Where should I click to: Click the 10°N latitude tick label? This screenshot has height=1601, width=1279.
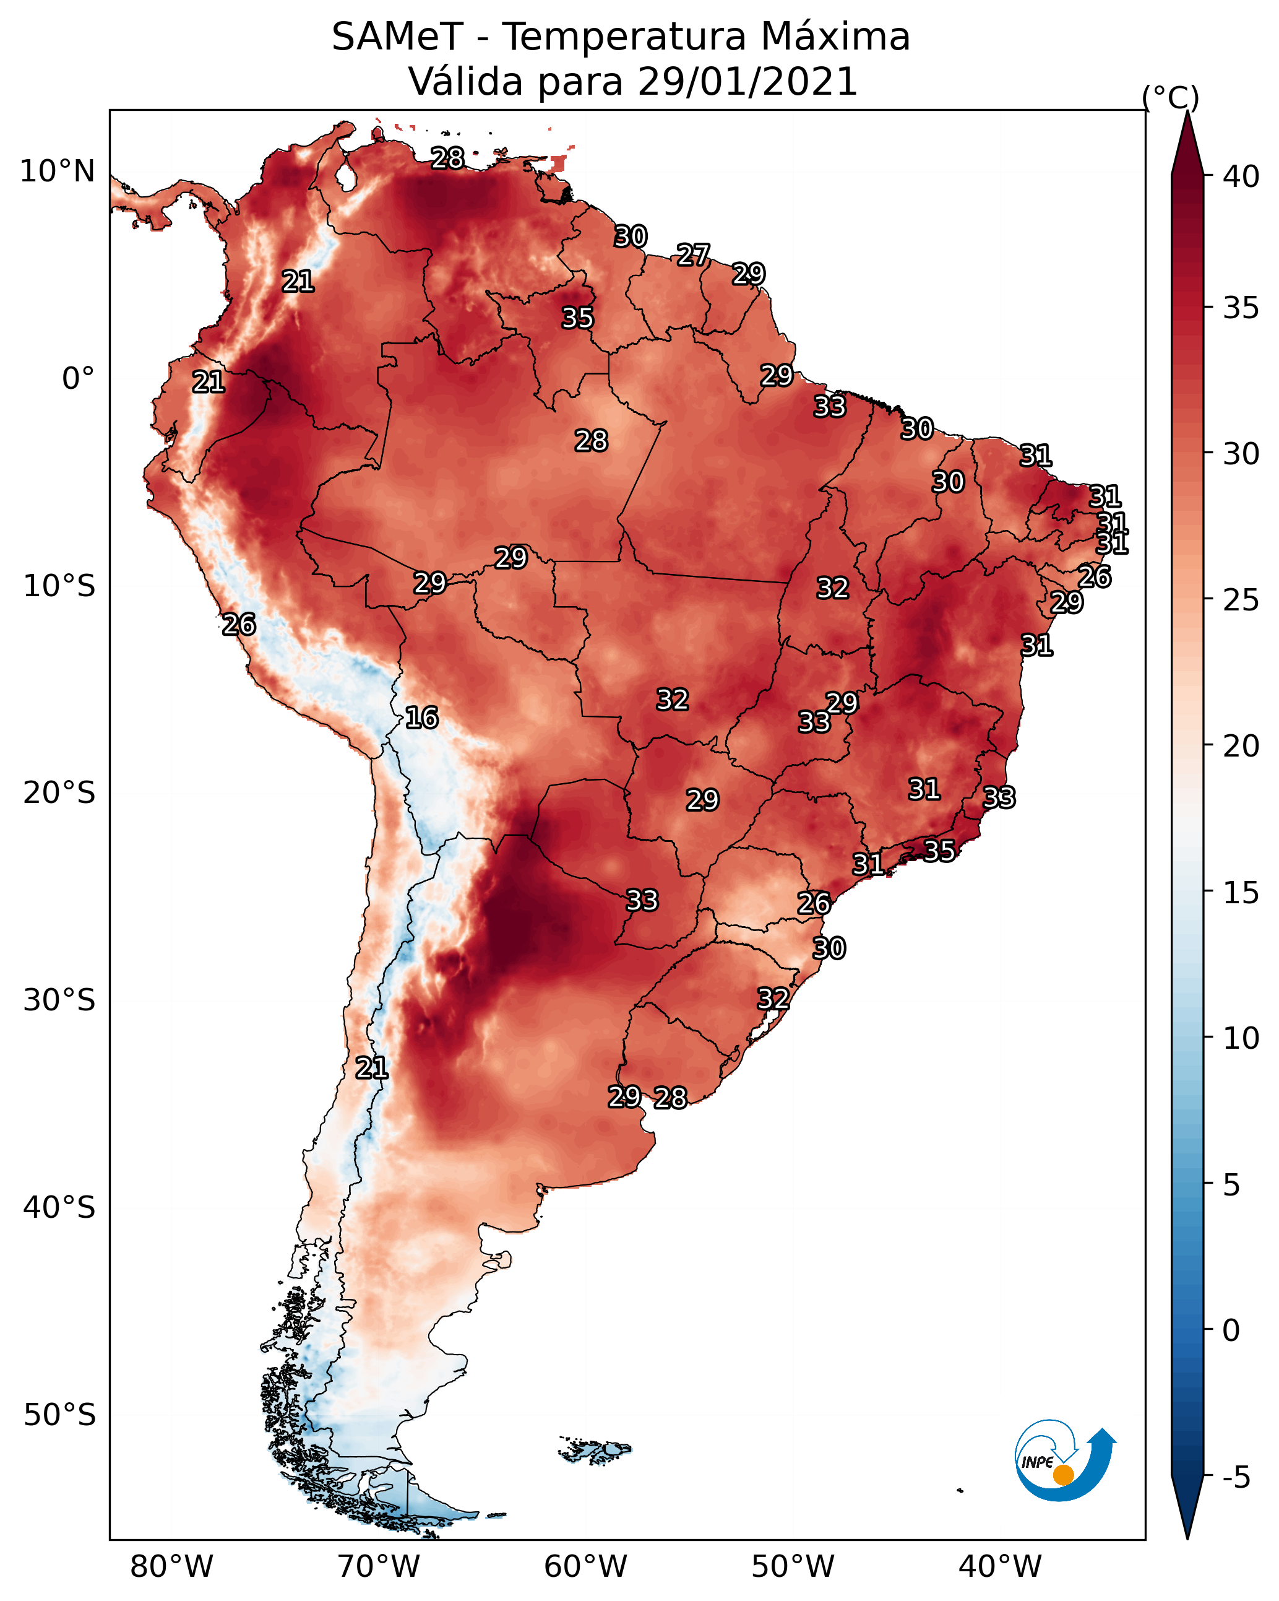tap(57, 171)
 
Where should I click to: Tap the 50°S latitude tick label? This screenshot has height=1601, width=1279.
tap(59, 1415)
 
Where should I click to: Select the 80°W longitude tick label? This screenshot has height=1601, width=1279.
tap(171, 1566)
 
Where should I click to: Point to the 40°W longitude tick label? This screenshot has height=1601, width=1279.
tap(1000, 1566)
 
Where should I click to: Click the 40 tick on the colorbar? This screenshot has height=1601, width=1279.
tap(1241, 176)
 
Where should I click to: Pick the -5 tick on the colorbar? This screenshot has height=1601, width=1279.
tap(1236, 1478)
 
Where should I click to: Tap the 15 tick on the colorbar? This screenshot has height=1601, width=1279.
tap(1241, 893)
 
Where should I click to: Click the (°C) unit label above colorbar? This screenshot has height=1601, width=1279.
tap(1171, 97)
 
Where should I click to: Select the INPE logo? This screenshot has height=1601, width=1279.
tap(1064, 1459)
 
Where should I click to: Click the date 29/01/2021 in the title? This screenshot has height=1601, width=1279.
tap(747, 81)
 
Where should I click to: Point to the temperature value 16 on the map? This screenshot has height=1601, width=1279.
tap(421, 718)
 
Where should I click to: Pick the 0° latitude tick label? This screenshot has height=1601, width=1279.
tap(78, 379)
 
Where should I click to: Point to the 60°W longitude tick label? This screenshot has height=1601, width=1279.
tap(586, 1566)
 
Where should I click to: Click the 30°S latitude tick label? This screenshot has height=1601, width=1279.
tap(59, 1000)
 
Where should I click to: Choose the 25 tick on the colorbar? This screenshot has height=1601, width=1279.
tap(1241, 600)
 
